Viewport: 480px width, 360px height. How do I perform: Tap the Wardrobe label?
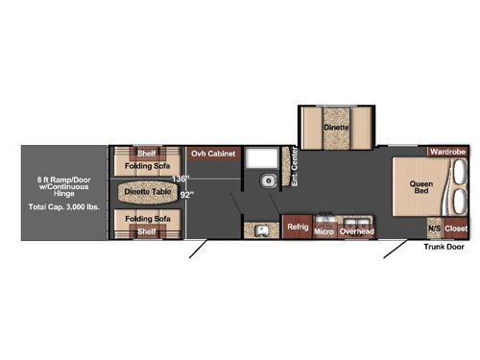pyautogui.click(x=447, y=152)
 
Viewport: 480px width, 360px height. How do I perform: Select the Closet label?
pyautogui.click(x=456, y=228)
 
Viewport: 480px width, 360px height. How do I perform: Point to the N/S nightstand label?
pyautogui.click(x=434, y=228)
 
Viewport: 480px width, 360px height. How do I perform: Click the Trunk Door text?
pyautogui.click(x=443, y=246)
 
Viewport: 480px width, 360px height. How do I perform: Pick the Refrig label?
pyautogui.click(x=297, y=228)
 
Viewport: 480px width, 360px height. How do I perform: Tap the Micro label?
pyautogui.click(x=324, y=231)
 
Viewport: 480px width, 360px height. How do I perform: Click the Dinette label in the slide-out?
pyautogui.click(x=335, y=127)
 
